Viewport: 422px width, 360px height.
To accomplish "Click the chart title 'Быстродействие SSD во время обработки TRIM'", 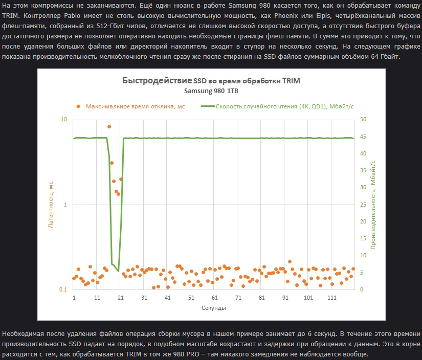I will [x=211, y=81].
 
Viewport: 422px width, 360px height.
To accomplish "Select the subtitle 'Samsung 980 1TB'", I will [x=211, y=91].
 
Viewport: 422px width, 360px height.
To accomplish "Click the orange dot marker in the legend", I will [x=78, y=106].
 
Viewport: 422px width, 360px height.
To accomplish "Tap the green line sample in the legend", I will [x=207, y=106].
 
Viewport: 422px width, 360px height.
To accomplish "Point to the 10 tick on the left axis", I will [x=64, y=120].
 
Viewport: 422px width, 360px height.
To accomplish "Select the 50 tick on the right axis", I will [x=363, y=120].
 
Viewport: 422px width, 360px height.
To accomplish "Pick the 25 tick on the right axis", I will [x=363, y=205].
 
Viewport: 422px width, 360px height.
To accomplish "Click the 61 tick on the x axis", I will [x=215, y=298].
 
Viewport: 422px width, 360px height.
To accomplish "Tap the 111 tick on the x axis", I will [x=331, y=298].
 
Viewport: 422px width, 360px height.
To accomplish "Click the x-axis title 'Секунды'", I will [x=213, y=308].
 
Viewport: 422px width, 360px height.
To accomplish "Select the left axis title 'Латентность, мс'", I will [x=51, y=205].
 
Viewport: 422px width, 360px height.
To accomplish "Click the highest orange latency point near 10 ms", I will [x=109, y=126].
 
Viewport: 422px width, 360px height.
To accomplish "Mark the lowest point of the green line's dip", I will [x=118, y=271].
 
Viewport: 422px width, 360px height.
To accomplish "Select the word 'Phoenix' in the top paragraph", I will [x=281, y=15].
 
